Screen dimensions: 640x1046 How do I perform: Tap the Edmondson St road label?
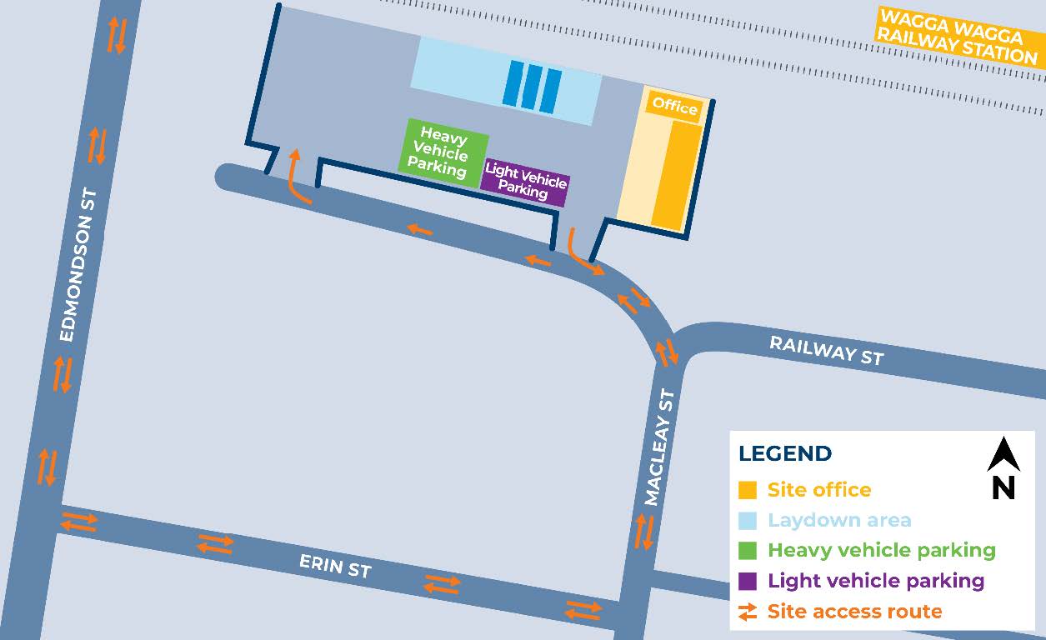coord(79,265)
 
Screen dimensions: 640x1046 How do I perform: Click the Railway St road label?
coord(825,350)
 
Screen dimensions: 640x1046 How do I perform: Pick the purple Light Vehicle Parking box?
coord(525,182)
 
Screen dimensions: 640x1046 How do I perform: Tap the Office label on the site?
coord(674,107)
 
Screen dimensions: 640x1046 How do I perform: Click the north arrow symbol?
coord(1003,455)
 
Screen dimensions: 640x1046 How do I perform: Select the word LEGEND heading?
coord(785,454)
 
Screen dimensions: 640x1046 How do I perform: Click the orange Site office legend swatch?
coord(748,490)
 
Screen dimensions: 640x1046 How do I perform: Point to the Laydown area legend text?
coord(839,521)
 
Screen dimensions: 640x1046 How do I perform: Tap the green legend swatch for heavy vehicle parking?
coord(748,551)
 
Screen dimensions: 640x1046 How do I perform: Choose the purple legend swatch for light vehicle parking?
coord(748,581)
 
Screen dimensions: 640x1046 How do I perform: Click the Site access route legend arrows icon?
coord(748,612)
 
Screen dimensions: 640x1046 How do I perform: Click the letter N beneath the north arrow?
coord(1003,487)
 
